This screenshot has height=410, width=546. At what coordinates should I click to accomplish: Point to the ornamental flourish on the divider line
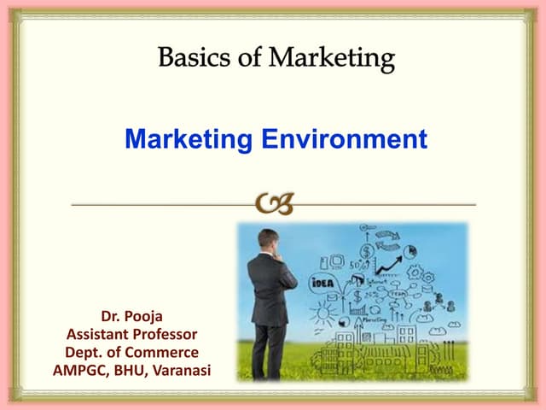274,205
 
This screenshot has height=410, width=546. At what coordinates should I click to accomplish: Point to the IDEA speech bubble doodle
322,284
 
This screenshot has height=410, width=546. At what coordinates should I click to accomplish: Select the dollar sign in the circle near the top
367,252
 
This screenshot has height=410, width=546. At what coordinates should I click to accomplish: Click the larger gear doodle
415,272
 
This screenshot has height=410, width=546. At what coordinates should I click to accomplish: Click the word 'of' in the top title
251,60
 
